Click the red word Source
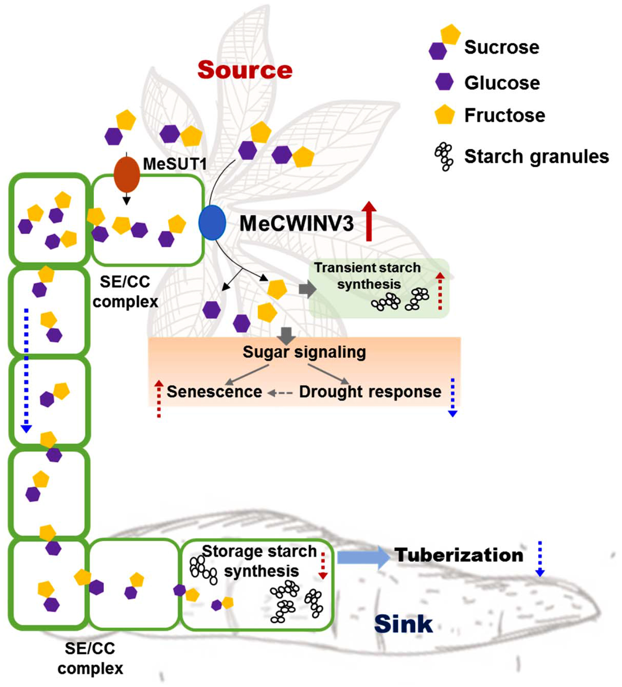(x=244, y=70)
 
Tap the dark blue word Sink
(x=403, y=624)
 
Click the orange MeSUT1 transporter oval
(x=127, y=174)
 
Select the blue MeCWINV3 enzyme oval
(x=212, y=222)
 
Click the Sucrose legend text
(x=501, y=47)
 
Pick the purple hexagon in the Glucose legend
(x=444, y=82)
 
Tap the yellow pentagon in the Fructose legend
(x=444, y=115)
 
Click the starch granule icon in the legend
(x=444, y=156)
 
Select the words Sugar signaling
(x=304, y=352)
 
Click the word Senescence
(x=214, y=392)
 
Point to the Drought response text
(x=370, y=392)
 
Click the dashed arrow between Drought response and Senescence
(x=280, y=393)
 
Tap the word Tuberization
(x=459, y=555)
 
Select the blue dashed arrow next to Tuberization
(x=540, y=559)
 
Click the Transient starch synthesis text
(x=367, y=276)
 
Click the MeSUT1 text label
(x=175, y=164)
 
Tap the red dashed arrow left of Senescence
(x=159, y=399)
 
